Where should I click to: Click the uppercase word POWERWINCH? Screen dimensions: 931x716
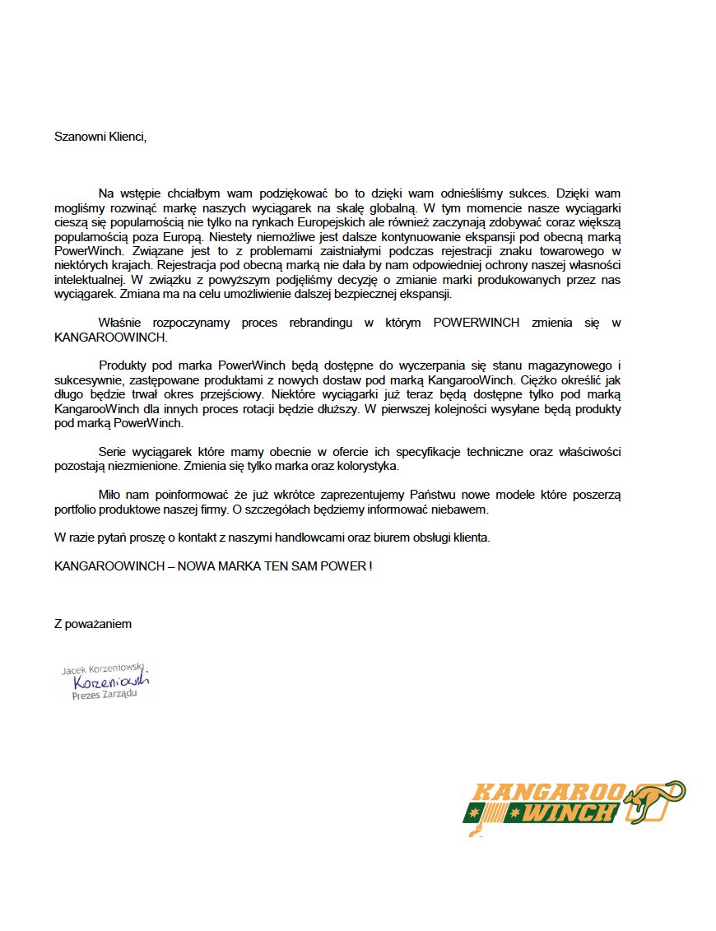[x=477, y=323]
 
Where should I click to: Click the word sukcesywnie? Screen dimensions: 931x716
[x=86, y=379]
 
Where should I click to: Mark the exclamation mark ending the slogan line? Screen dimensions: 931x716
[x=370, y=566]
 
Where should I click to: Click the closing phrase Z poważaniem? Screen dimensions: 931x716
[x=93, y=623]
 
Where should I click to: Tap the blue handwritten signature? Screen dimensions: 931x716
[x=110, y=682]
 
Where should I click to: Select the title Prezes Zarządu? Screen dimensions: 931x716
[x=105, y=695]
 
